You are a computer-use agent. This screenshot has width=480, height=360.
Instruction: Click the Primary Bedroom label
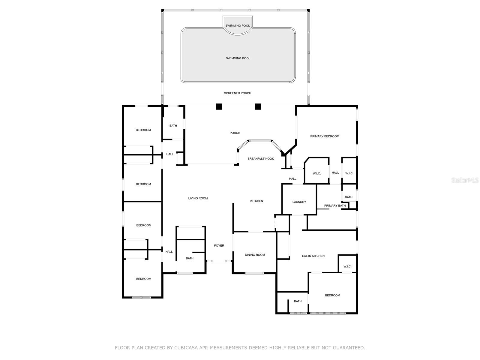point(325,136)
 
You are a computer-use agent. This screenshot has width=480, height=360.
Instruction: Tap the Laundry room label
point(299,202)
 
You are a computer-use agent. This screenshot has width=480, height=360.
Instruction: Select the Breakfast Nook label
point(261,159)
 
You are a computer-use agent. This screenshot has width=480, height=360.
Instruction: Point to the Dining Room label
point(255,255)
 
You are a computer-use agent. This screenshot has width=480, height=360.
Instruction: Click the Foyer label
point(219,246)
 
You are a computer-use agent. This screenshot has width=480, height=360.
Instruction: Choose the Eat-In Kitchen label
point(313,256)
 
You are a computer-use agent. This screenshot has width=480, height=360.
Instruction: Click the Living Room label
point(198,198)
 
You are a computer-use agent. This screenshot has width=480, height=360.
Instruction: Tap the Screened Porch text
point(238,93)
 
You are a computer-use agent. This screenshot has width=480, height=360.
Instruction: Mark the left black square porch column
point(219,106)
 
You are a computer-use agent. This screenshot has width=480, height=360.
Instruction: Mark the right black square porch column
point(258,106)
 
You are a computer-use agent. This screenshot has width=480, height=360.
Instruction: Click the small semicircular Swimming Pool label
point(238,26)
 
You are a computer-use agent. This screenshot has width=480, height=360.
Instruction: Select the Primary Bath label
point(335,206)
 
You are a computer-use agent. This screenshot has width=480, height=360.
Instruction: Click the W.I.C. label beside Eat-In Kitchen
point(347,267)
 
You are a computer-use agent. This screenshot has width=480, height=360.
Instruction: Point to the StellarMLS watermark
point(465,180)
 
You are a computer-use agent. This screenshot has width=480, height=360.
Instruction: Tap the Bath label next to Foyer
point(190,258)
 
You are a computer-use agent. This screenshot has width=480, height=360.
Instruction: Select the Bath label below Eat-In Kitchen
point(298,301)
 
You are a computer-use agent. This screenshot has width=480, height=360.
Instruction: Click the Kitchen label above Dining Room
point(256,201)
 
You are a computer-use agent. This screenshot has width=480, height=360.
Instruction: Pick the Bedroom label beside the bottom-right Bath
point(332,295)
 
